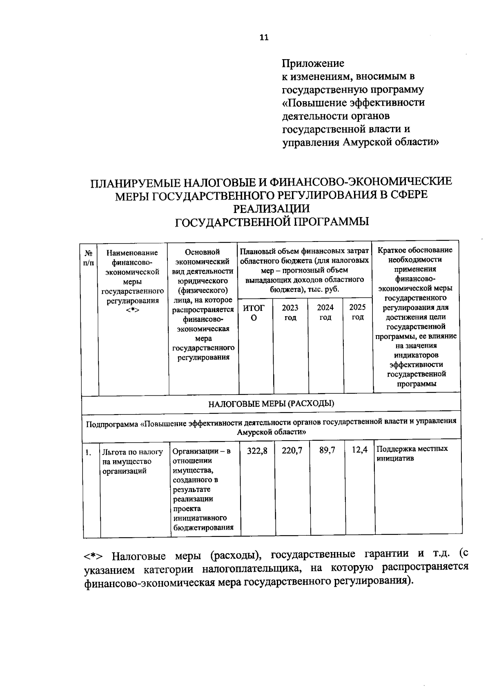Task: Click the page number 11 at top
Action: coord(264,38)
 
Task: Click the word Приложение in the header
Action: coord(313,63)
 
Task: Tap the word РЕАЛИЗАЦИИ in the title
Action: coord(271,208)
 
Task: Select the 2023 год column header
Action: coord(290,312)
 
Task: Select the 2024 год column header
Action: coord(325,312)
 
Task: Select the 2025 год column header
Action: coord(357,312)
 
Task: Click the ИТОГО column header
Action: coord(254,313)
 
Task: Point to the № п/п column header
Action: coord(89,258)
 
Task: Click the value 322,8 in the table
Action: coord(257,450)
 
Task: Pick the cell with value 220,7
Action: coord(292,450)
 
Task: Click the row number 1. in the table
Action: coord(88,452)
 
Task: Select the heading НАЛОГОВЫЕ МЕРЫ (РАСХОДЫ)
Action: coord(271,404)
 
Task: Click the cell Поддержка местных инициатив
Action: coord(412,453)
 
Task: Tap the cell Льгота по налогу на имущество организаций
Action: coord(132,461)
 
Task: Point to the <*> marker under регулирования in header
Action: coord(133,310)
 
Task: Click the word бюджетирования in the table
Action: coord(203,528)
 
